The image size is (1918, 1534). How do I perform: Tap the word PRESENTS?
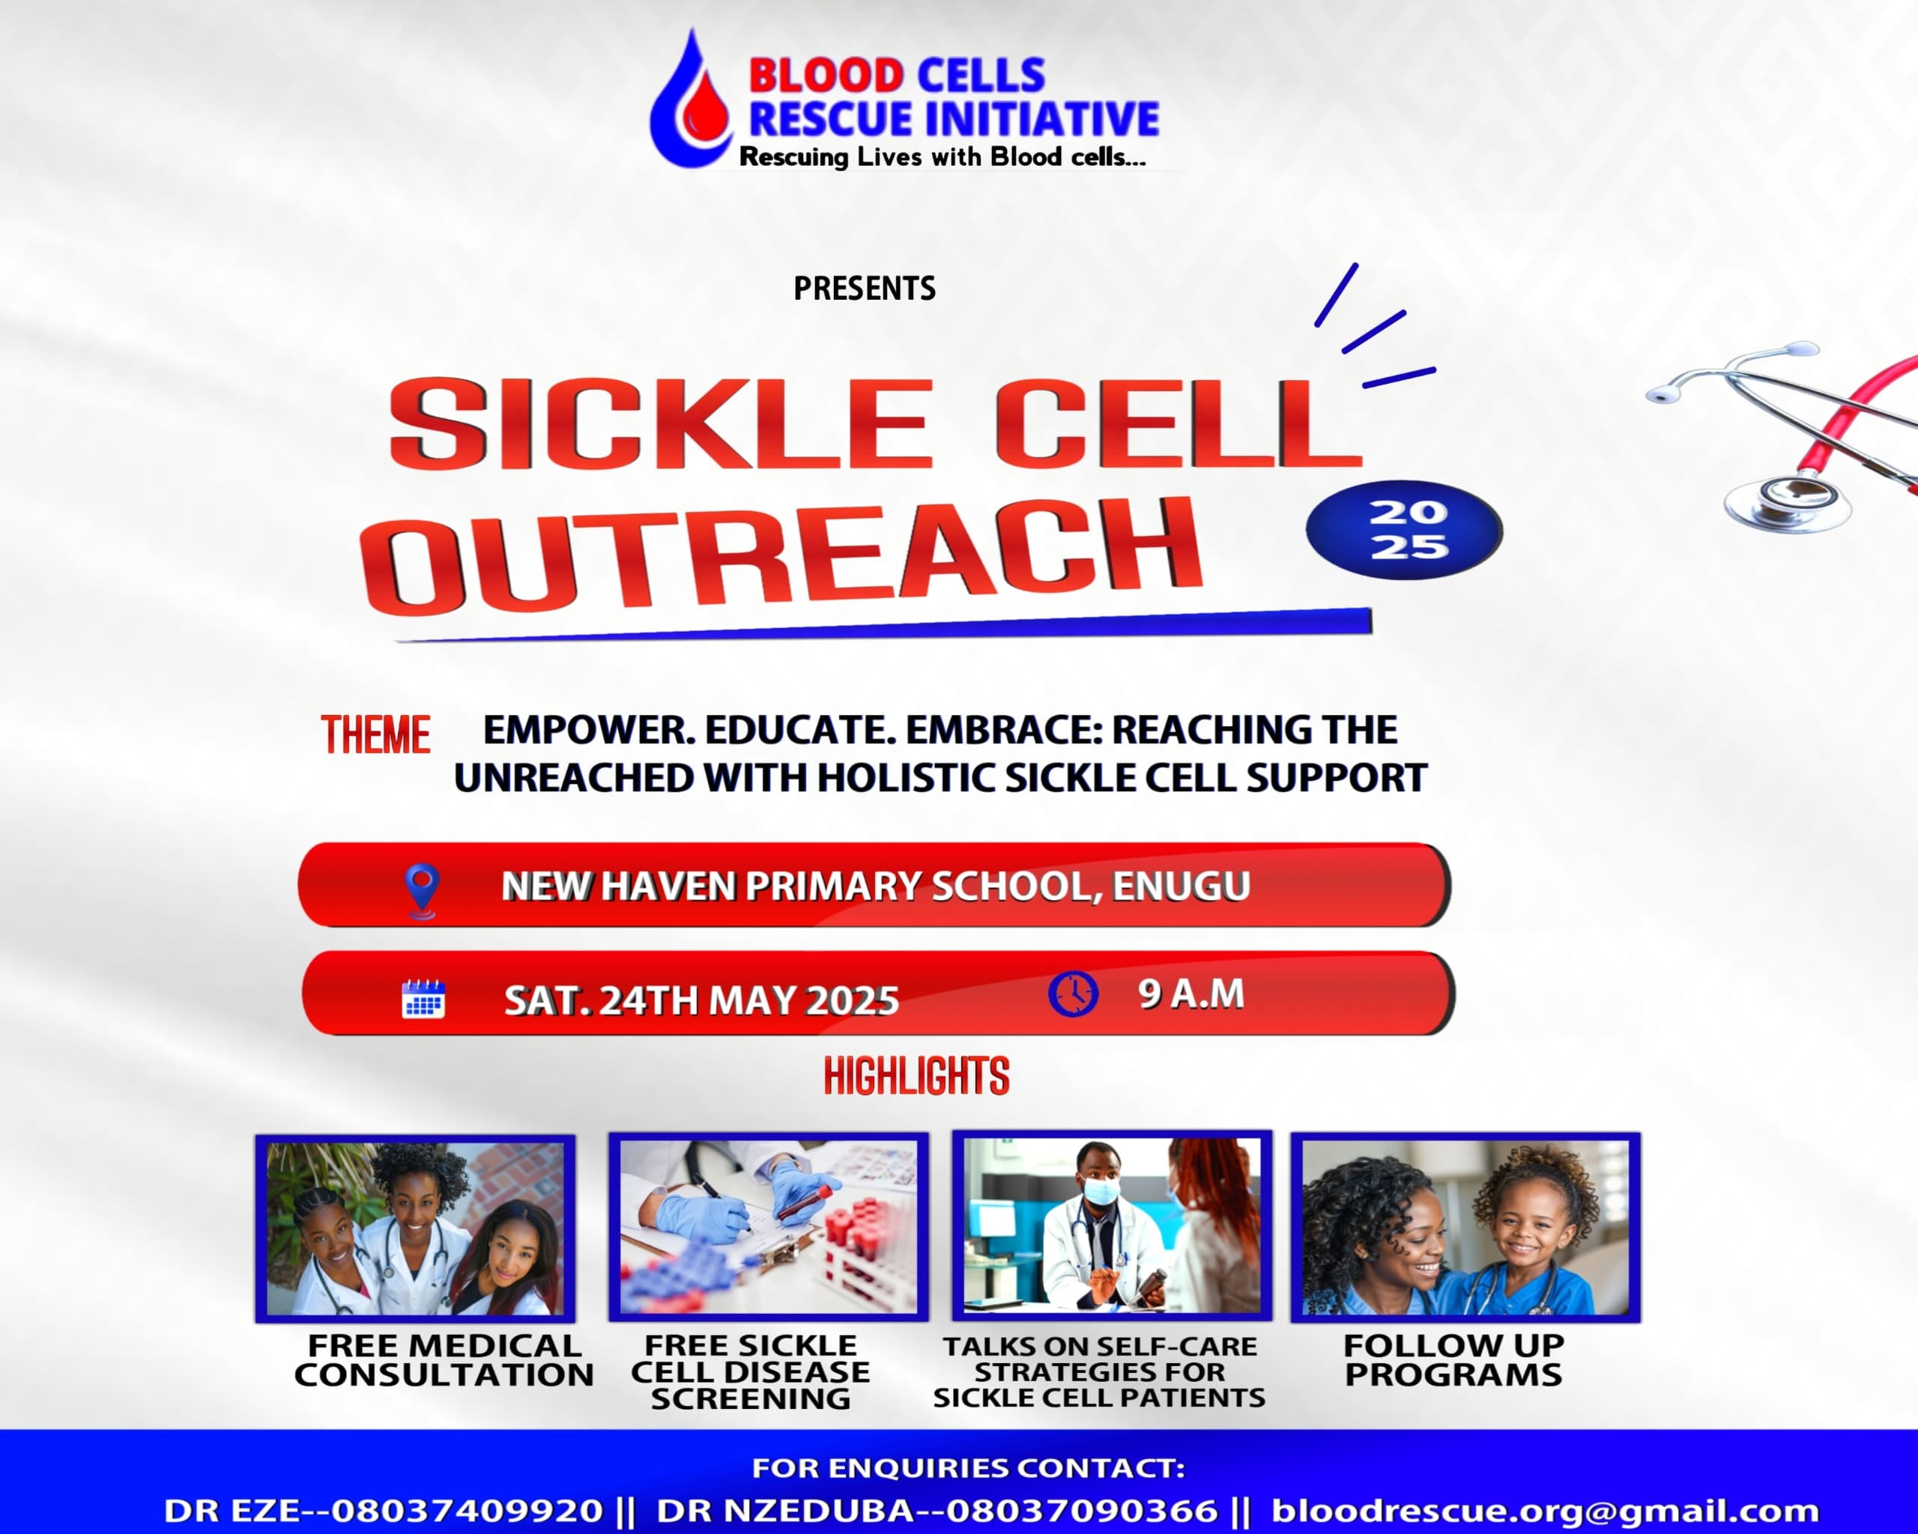tap(864, 289)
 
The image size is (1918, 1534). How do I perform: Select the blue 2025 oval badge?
tap(1404, 529)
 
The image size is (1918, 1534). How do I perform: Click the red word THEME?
tap(375, 736)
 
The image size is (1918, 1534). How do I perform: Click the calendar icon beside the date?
tap(423, 998)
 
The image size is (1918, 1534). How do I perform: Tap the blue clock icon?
tap(1073, 994)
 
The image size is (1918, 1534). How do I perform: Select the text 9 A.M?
tap(1191, 994)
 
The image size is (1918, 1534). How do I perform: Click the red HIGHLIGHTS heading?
tap(916, 1076)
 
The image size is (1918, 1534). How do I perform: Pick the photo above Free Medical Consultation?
tap(416, 1229)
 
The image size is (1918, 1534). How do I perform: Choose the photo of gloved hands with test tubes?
tap(769, 1227)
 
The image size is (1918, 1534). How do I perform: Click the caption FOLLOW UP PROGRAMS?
tap(1453, 1360)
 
